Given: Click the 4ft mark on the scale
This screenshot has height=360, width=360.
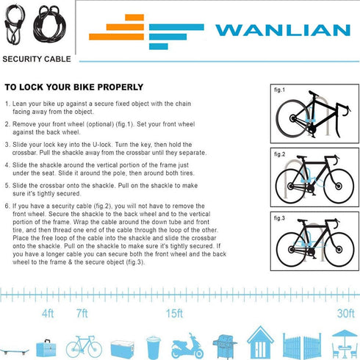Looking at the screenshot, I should click(x=48, y=314).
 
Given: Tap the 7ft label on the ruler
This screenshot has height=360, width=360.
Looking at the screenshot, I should click(x=82, y=314).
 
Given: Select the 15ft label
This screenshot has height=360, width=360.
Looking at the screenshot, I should click(x=173, y=314).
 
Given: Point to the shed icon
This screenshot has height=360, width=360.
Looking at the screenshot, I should click(x=261, y=342).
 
